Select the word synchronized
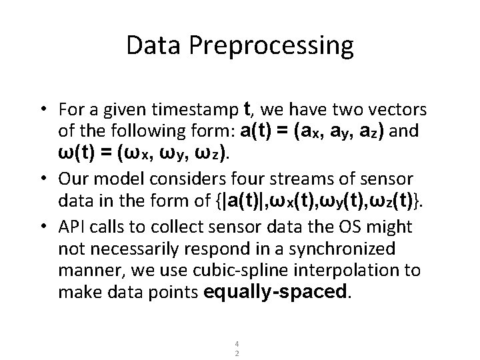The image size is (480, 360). (347, 249)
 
